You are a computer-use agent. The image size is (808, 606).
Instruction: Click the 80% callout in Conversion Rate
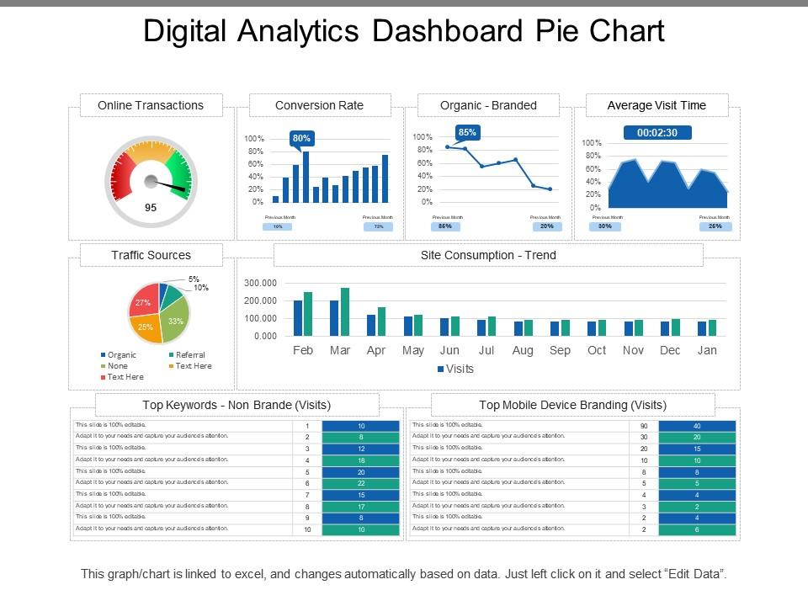[x=301, y=138]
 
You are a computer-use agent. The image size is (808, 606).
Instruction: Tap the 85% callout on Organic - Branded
[x=467, y=132]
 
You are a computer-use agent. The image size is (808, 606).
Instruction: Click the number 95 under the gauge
[x=151, y=207]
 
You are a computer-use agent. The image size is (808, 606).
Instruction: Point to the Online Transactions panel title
[x=151, y=105]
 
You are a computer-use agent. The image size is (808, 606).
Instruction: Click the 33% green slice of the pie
[x=174, y=321]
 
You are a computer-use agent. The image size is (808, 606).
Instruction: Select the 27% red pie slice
[x=142, y=302]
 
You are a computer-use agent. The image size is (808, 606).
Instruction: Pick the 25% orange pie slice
[x=146, y=327]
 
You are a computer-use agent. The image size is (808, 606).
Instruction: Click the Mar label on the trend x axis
[x=340, y=350]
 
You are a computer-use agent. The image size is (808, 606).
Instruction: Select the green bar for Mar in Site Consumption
[x=345, y=311]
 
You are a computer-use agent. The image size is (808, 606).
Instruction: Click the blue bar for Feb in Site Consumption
[x=298, y=318]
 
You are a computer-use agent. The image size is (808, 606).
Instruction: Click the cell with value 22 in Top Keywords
[x=360, y=483]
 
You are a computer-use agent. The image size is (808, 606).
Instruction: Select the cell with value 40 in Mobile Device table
[x=696, y=426]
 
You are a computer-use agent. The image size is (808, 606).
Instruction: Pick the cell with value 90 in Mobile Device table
[x=643, y=426]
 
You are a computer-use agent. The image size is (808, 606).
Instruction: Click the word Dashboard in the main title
[x=433, y=31]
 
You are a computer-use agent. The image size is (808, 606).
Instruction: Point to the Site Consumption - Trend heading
[x=488, y=255]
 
